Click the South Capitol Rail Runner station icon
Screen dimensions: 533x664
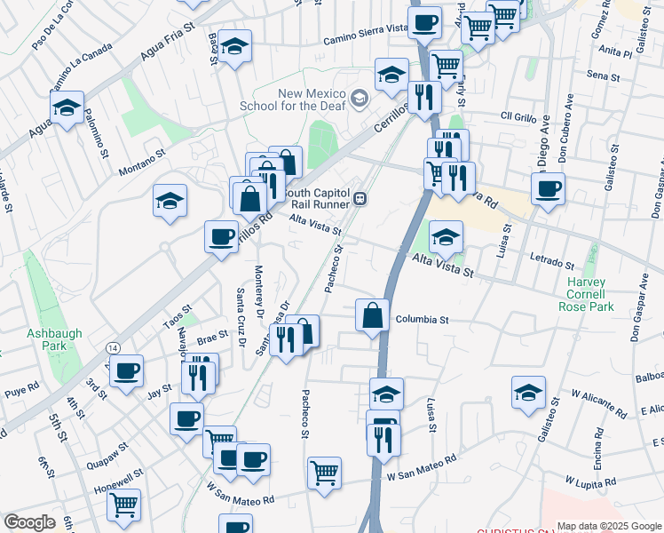[360, 198]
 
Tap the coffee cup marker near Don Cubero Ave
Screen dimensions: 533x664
[548, 188]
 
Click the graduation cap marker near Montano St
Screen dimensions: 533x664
[170, 201]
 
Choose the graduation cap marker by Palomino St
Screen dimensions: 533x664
[67, 107]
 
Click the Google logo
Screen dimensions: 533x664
[29, 522]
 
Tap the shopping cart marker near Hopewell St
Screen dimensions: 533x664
[123, 505]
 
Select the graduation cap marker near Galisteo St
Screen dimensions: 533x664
[528, 393]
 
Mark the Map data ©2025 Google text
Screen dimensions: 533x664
[608, 525]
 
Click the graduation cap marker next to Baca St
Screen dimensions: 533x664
[235, 47]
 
